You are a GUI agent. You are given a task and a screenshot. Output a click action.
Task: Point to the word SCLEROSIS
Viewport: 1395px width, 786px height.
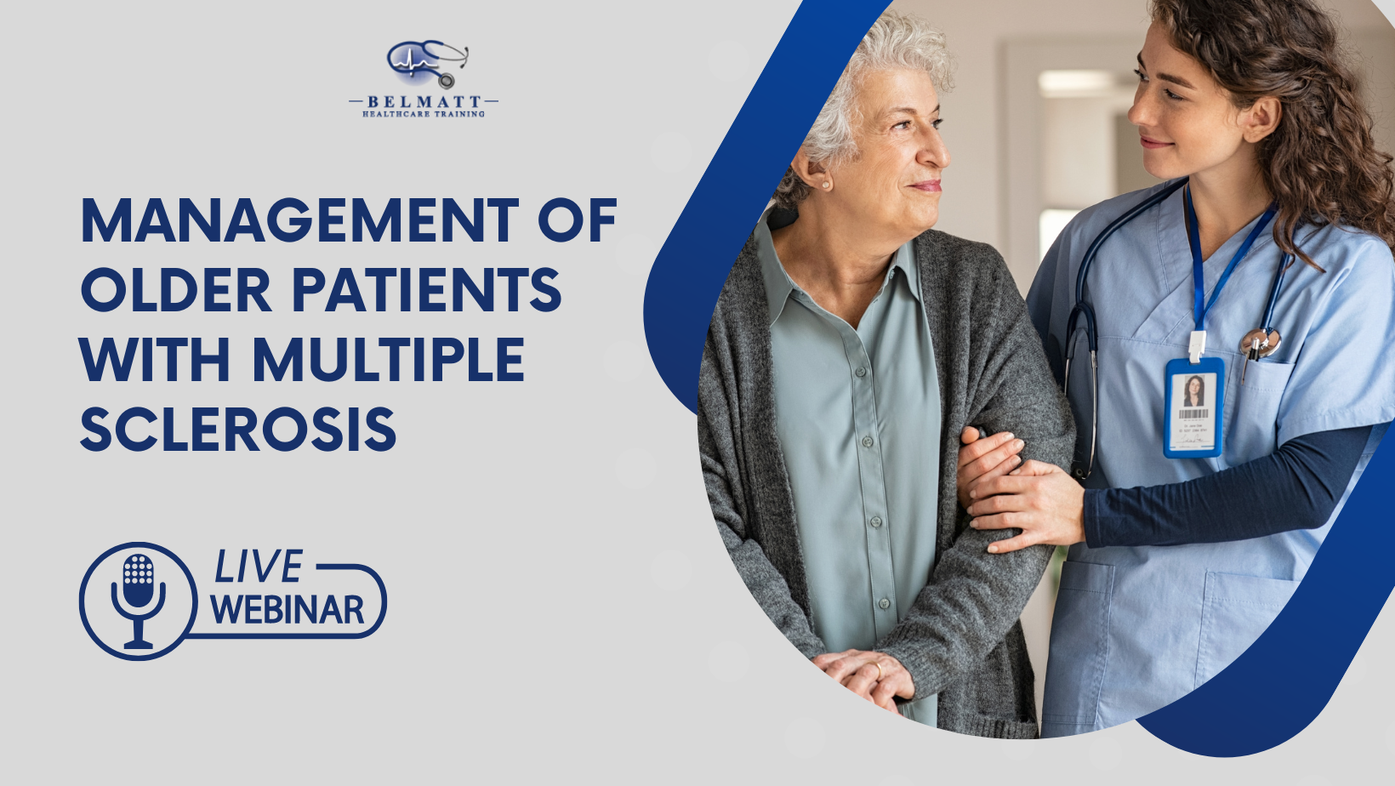click(238, 429)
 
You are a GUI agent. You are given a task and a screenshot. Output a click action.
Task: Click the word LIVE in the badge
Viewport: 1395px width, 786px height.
click(258, 567)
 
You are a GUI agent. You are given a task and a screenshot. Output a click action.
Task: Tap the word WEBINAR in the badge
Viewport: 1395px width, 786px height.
click(288, 610)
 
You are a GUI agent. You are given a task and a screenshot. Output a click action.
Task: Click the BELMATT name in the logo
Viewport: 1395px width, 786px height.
click(424, 102)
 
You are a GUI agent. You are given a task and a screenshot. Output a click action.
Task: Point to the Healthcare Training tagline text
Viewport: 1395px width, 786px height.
click(424, 114)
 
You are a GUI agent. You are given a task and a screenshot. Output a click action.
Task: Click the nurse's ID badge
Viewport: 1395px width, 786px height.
click(1193, 407)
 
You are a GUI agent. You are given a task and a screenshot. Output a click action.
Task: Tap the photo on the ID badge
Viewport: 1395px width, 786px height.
click(1193, 391)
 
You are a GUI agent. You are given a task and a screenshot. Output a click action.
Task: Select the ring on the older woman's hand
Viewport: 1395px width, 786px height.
click(878, 671)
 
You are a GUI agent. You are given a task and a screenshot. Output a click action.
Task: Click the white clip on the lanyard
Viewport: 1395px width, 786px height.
click(1198, 345)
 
